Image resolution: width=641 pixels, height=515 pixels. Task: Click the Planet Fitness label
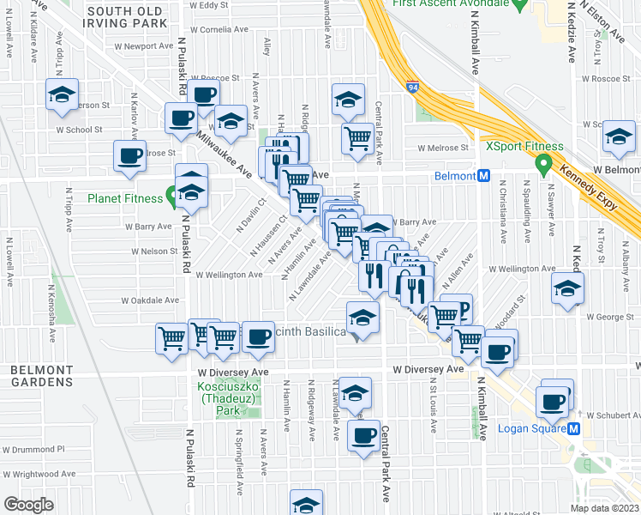[x=125, y=198]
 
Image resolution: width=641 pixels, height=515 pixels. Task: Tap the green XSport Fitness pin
[x=542, y=161]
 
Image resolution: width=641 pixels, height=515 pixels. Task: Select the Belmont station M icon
[x=483, y=176]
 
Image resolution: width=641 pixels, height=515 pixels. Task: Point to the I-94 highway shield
[x=412, y=86]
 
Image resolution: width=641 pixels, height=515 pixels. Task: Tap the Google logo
[x=28, y=506]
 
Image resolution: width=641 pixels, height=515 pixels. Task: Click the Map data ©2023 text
[x=602, y=508]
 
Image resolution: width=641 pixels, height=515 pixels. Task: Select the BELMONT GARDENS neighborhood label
[x=35, y=375]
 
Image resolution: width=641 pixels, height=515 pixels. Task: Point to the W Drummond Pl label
[x=37, y=449]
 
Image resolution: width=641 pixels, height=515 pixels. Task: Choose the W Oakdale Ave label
[x=150, y=300]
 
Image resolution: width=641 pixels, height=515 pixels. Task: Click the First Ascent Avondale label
[x=446, y=4]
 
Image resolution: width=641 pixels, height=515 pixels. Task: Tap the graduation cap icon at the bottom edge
[x=306, y=505]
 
